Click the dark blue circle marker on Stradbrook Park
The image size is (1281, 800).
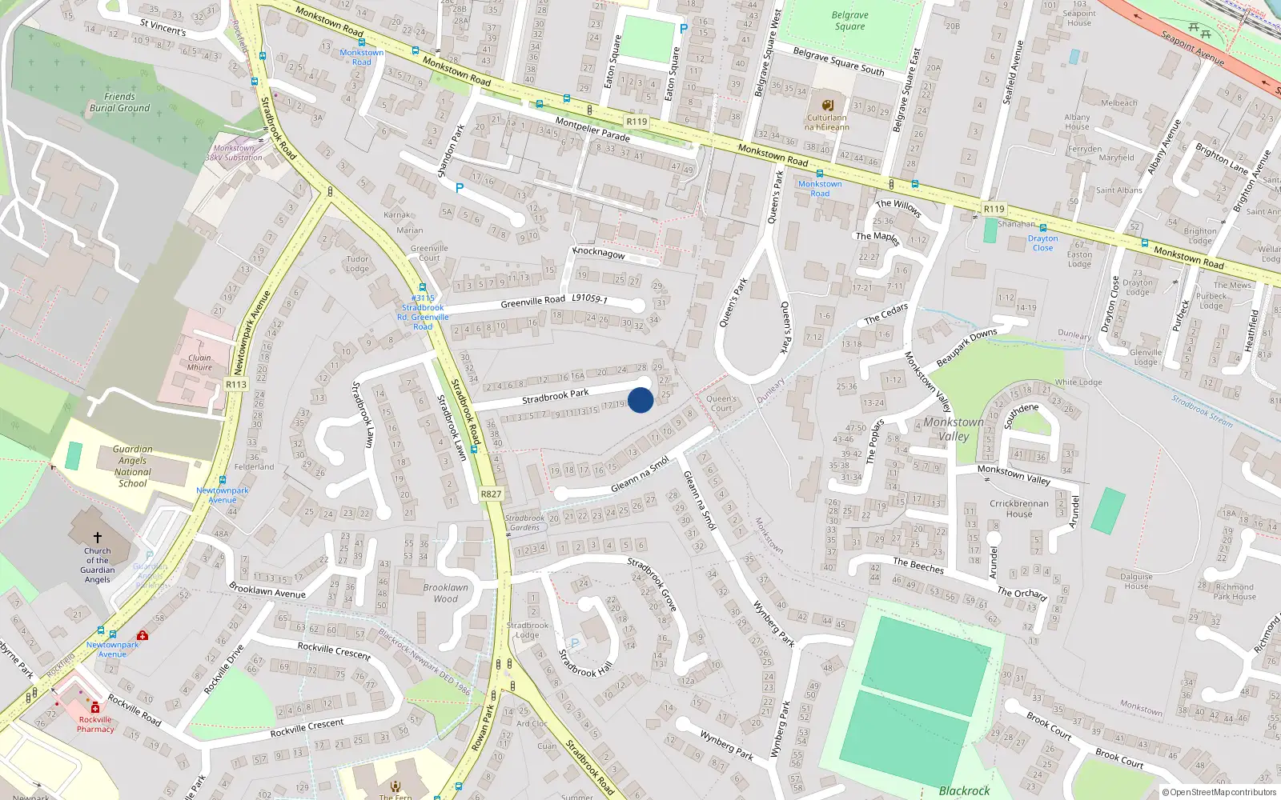pos(640,400)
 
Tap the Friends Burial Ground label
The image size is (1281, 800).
pos(119,102)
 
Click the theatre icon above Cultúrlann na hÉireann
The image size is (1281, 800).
pos(828,105)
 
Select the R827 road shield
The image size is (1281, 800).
pos(491,494)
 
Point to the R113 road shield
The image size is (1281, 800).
pos(236,385)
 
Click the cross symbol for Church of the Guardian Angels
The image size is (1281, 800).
pos(98,538)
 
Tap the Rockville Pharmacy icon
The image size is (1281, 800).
pos(95,708)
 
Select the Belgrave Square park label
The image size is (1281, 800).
pos(849,21)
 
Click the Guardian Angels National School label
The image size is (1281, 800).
pos(132,466)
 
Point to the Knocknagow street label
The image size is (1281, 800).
pos(599,252)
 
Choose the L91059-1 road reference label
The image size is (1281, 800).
pos(589,298)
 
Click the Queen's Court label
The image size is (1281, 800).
pos(721,403)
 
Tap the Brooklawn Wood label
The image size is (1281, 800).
pos(446,593)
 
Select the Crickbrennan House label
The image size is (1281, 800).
pos(1019,509)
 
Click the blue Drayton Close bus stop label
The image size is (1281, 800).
pos(1042,243)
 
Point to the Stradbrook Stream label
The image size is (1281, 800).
pos(1203,410)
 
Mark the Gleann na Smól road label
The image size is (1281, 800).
pos(640,475)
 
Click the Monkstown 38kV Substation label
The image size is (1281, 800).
pos(234,153)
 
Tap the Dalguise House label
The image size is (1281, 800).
pos(1136,581)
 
